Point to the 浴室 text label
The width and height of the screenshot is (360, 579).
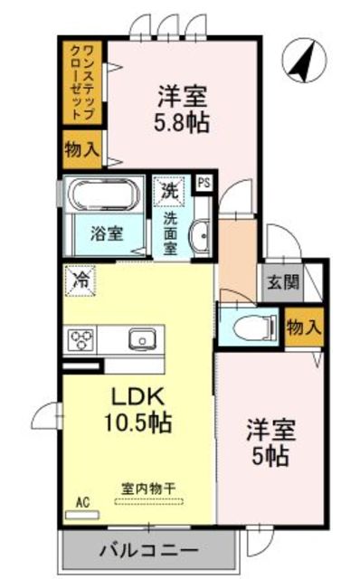(x=106, y=233)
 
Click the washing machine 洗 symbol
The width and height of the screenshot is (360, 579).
(x=169, y=191)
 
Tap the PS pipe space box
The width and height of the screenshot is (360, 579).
(x=204, y=181)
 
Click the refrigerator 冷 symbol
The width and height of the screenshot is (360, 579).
(x=80, y=281)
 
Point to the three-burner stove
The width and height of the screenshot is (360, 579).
(x=81, y=340)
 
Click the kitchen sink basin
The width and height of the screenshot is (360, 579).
(x=143, y=340)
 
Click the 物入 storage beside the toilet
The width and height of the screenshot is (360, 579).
(x=302, y=327)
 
